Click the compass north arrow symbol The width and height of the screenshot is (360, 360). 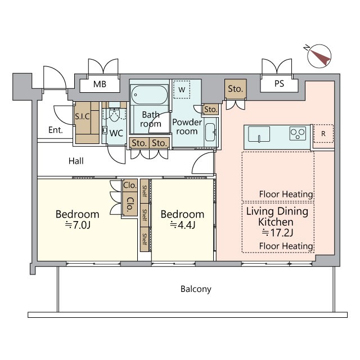(319, 56)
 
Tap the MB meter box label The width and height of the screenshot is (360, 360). (100, 84)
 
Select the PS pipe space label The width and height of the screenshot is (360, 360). (279, 84)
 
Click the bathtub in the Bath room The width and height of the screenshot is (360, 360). (149, 94)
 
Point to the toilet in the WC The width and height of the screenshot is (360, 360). (114, 114)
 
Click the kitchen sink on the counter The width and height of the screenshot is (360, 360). (259, 134)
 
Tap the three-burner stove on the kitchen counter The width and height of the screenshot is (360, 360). (298, 133)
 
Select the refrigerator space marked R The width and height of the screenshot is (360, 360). (323, 134)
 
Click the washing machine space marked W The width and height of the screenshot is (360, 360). (182, 89)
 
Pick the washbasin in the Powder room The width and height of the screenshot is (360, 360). (210, 132)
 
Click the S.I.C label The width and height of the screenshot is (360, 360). (82, 116)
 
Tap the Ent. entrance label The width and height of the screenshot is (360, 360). (55, 130)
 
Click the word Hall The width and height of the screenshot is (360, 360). (76, 161)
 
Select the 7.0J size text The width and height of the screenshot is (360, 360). (78, 225)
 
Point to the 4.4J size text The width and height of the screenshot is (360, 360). (183, 225)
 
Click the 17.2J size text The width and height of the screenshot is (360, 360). (277, 233)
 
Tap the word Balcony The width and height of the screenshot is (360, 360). (196, 289)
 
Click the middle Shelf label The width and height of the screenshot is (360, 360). (145, 215)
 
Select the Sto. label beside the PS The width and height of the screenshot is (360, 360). (235, 89)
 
